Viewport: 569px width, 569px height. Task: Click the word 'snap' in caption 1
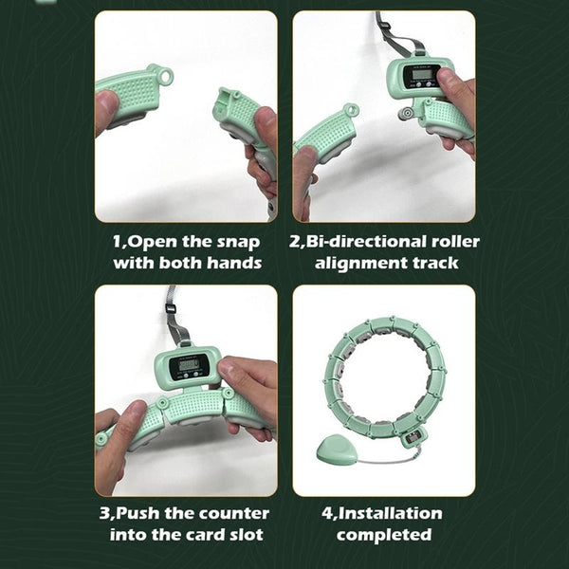238,242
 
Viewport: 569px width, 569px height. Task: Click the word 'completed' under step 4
384,535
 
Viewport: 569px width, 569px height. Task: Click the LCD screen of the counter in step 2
422,74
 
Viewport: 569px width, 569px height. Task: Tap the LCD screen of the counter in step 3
189,365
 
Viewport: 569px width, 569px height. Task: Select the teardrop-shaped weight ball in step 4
336,450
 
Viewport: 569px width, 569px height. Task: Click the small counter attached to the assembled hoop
413,437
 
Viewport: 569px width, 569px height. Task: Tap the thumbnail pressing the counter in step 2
444,76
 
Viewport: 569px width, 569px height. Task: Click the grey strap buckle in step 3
171,308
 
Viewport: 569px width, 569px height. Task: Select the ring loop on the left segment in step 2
351,109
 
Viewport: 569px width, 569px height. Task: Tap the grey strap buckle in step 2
385,25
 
